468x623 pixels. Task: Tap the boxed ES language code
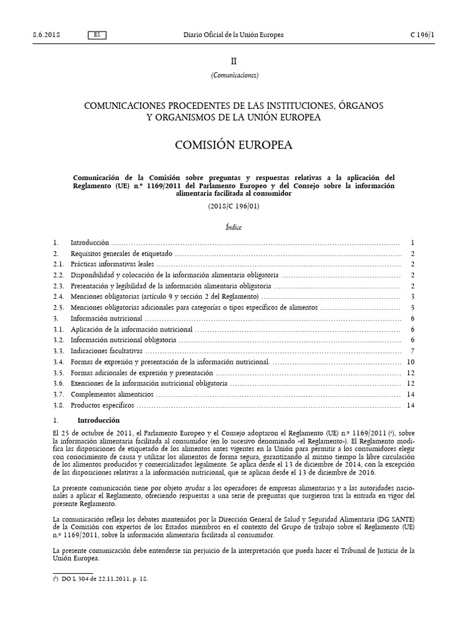coord(97,35)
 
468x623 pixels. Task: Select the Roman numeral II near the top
coord(235,62)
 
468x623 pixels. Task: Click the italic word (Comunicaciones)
coord(235,75)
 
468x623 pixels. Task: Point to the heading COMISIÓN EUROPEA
coord(234,145)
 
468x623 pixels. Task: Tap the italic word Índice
coord(234,228)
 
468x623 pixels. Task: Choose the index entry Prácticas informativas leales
coord(113,264)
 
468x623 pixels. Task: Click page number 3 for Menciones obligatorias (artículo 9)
coord(413,297)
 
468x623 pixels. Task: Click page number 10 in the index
coord(411,361)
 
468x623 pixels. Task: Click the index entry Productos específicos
coord(102,405)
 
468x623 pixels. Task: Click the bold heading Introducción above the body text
coord(99,420)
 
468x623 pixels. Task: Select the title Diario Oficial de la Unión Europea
coord(234,35)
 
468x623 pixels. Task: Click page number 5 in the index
coord(413,308)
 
